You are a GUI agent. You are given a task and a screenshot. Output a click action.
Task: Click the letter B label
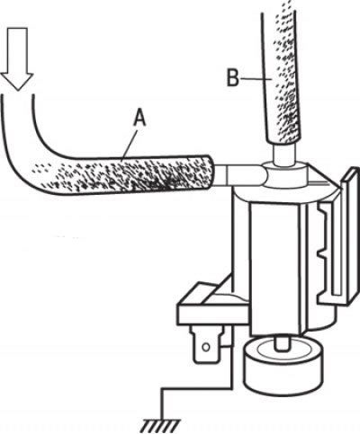click(x=233, y=78)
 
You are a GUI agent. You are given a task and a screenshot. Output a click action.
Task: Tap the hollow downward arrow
click(x=17, y=58)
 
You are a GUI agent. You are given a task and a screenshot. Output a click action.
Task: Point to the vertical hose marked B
click(x=282, y=75)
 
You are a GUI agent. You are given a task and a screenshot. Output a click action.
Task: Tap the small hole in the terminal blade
click(x=206, y=348)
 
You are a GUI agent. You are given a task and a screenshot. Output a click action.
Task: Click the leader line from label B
click(x=256, y=79)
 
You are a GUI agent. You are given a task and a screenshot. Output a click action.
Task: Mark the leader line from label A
click(x=131, y=142)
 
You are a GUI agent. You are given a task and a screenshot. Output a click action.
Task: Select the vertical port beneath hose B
click(x=284, y=155)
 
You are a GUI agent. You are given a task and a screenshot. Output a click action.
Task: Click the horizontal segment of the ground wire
click(x=197, y=388)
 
